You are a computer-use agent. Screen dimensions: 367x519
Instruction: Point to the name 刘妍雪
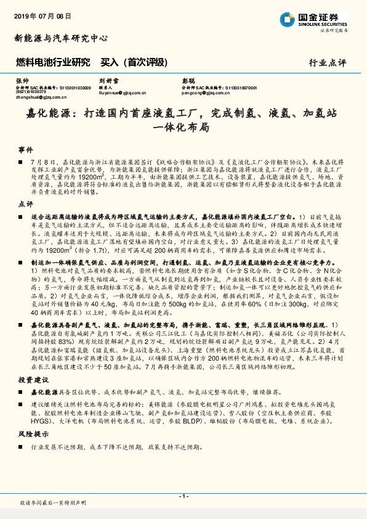click(109, 81)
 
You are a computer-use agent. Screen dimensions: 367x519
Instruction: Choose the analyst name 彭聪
click(188, 81)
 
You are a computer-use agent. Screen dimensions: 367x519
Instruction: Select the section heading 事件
click(25, 150)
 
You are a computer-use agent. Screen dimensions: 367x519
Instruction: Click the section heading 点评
click(25, 203)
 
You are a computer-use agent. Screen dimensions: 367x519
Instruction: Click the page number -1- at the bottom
click(183, 496)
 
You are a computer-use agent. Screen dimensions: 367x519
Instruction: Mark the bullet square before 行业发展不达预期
click(25, 447)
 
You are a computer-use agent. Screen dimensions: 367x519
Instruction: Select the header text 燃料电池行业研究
click(52, 62)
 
